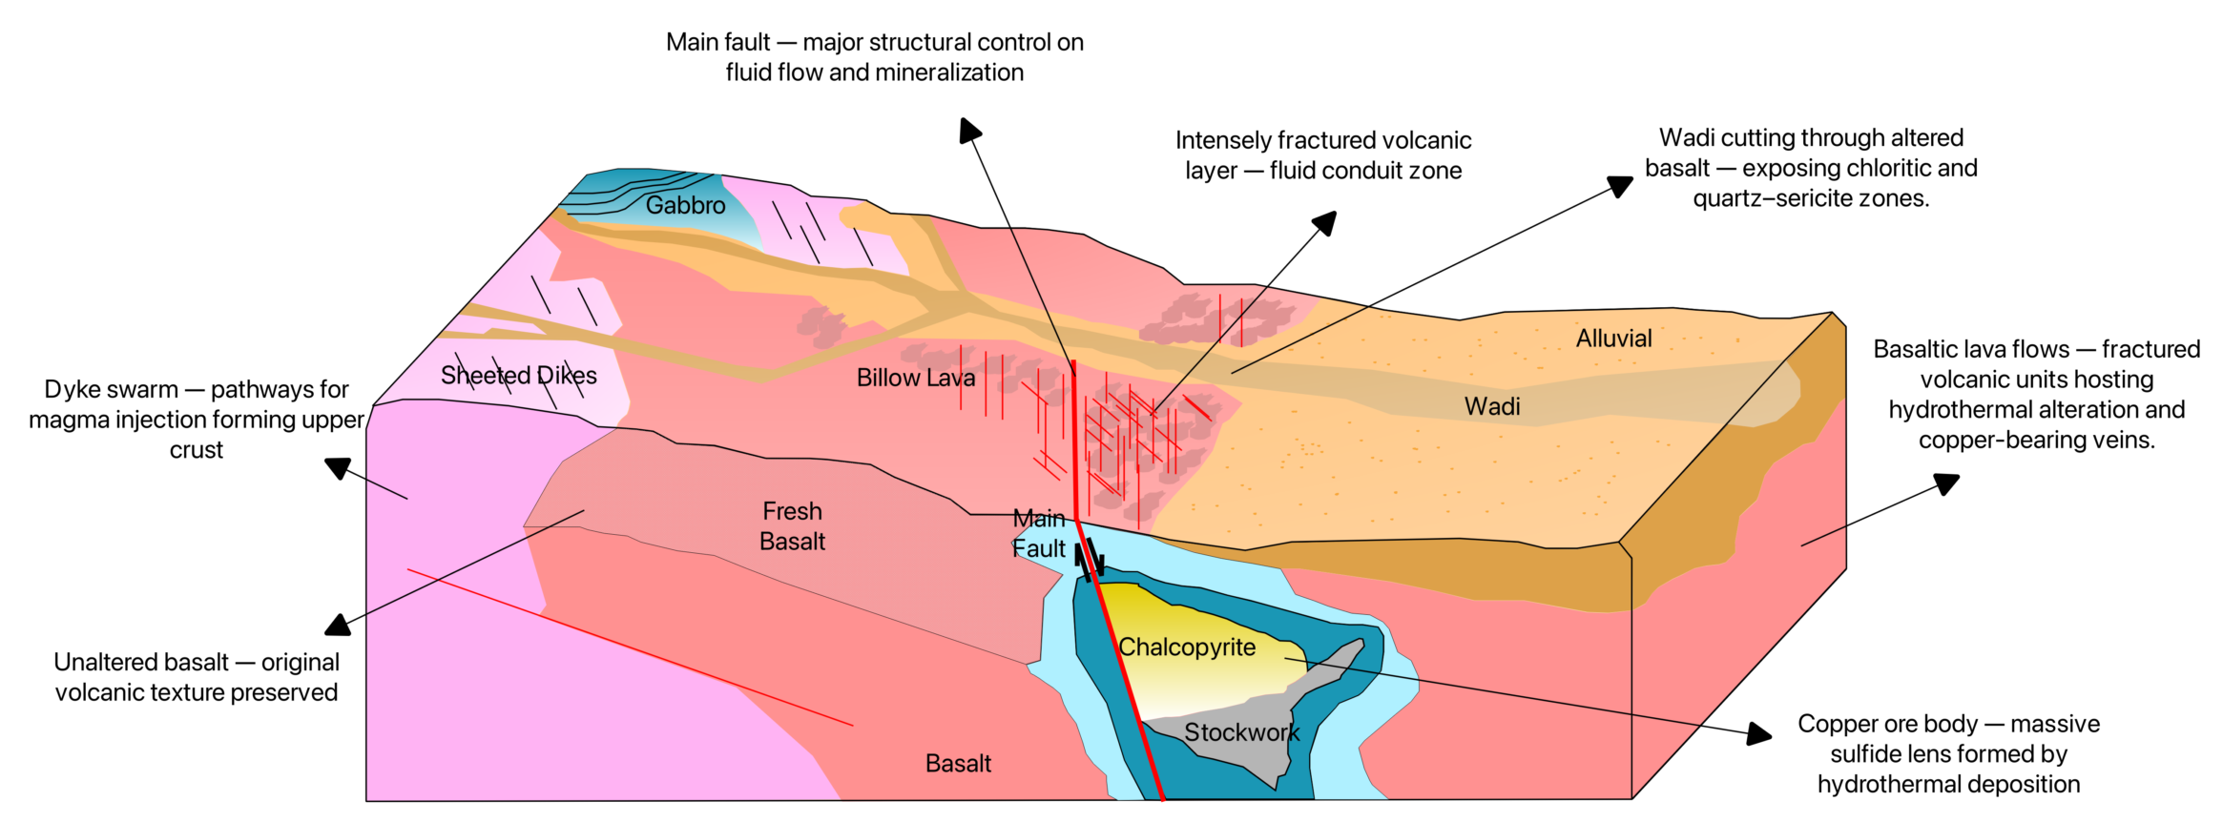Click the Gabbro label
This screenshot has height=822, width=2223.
coord(685,205)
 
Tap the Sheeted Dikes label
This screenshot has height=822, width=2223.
coord(518,376)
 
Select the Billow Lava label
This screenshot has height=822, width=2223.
coord(915,379)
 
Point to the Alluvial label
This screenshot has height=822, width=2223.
coord(1613,339)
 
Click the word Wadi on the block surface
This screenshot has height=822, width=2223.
coord(1492,407)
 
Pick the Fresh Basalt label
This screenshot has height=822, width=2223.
coord(792,526)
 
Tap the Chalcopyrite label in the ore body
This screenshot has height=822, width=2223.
coord(1187,647)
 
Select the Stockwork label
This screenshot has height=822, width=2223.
coord(1241,732)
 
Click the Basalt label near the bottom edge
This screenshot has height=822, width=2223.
coord(958,764)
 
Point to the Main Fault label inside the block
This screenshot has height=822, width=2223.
coord(1038,534)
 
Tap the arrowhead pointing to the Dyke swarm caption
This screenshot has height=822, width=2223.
coord(337,468)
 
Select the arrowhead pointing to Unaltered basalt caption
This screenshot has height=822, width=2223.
coord(337,626)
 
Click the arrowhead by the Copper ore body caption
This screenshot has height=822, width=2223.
coord(1759,734)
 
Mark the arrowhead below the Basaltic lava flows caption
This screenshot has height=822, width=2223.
coord(1947,483)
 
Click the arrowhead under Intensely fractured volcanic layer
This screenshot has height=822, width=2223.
coord(1325,222)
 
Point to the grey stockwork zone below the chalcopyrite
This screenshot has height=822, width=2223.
coord(1240,753)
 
